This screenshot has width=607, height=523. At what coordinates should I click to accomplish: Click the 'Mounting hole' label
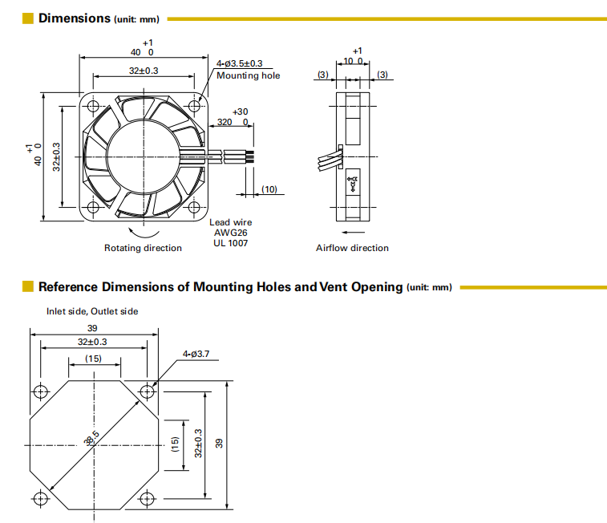click(x=249, y=75)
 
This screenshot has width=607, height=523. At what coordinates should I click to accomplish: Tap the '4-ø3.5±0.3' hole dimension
click(x=239, y=63)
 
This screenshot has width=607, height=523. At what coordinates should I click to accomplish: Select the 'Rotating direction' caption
click(x=143, y=248)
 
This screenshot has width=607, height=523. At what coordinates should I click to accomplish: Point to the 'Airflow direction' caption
click(x=352, y=248)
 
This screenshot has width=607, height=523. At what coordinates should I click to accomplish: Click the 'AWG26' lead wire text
click(x=230, y=233)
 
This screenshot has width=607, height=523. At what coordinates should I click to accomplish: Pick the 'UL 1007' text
click(x=231, y=242)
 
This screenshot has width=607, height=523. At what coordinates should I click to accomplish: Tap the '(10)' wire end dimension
click(x=269, y=189)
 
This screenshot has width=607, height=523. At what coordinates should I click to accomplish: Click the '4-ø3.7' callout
click(x=196, y=353)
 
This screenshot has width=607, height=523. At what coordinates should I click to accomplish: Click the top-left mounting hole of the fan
click(x=93, y=106)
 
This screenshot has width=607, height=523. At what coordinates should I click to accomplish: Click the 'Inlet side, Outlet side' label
click(x=92, y=311)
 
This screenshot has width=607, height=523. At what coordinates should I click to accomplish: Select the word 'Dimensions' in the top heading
click(x=74, y=18)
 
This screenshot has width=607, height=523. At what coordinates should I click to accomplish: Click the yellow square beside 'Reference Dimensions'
click(x=28, y=286)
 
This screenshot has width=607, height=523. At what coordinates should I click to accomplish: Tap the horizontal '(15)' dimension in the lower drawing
click(x=94, y=359)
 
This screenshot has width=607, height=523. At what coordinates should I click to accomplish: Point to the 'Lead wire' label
click(x=231, y=222)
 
